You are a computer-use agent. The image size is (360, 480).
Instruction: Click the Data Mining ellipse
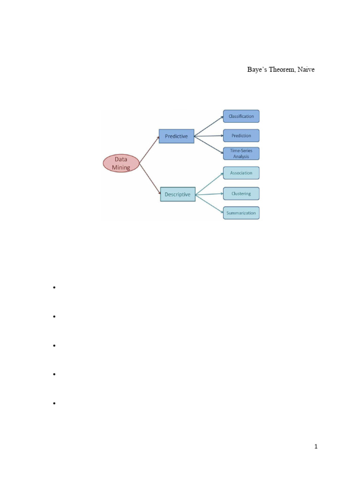click(x=120, y=163)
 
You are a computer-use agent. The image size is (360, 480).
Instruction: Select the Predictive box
click(x=176, y=136)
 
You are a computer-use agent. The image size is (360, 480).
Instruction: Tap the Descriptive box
click(x=178, y=194)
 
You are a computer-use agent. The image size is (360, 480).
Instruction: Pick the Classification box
click(x=241, y=116)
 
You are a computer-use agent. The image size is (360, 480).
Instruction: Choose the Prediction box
click(x=241, y=135)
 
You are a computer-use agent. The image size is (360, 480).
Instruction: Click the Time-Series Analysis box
click(x=241, y=153)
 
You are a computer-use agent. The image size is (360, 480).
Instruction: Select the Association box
click(x=241, y=173)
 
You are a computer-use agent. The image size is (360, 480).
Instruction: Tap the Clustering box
click(x=241, y=194)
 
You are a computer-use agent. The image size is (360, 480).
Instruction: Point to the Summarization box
click(x=241, y=213)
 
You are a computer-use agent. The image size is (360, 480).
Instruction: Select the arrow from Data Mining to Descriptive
click(x=150, y=178)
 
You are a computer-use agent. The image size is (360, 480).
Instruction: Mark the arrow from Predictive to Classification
click(x=209, y=126)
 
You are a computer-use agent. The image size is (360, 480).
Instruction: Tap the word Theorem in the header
click(x=280, y=70)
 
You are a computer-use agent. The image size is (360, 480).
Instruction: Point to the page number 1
click(x=316, y=447)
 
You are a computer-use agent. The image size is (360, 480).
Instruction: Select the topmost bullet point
click(x=55, y=288)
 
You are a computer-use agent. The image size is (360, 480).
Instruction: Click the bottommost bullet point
click(x=55, y=403)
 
